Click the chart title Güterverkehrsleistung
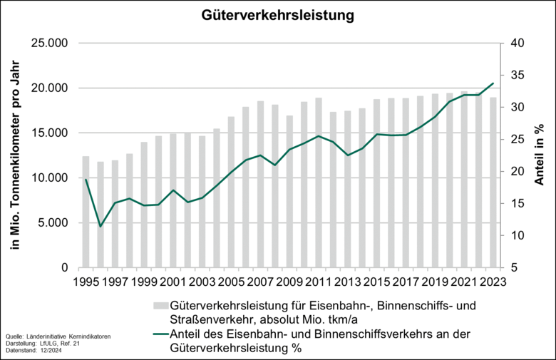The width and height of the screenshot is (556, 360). pyautogui.click(x=279, y=14)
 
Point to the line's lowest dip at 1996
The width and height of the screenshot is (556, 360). pyautogui.click(x=101, y=227)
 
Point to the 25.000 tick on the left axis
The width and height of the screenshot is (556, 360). pyautogui.click(x=48, y=43)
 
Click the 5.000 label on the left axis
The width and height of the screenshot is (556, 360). pyautogui.click(x=51, y=223)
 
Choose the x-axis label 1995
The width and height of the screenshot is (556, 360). pyautogui.click(x=86, y=281)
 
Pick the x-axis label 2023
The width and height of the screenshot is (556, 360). pyautogui.click(x=493, y=281)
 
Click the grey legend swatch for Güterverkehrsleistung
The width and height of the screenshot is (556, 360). pyautogui.click(x=160, y=306)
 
